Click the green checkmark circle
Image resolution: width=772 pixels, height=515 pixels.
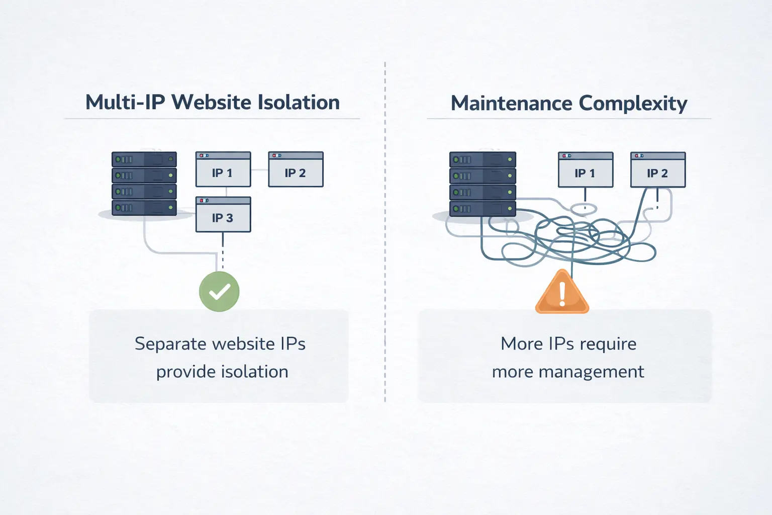tap(219, 292)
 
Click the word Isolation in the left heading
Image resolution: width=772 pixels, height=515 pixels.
tap(299, 102)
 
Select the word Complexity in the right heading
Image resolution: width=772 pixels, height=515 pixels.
tap(633, 104)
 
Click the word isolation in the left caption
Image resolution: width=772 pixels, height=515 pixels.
tap(255, 372)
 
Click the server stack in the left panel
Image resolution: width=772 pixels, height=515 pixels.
tap(144, 184)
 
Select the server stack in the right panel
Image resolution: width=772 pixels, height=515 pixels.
tap(482, 184)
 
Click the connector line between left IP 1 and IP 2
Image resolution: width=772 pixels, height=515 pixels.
tap(259, 170)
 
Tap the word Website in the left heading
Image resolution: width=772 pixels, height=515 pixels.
tap(211, 102)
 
